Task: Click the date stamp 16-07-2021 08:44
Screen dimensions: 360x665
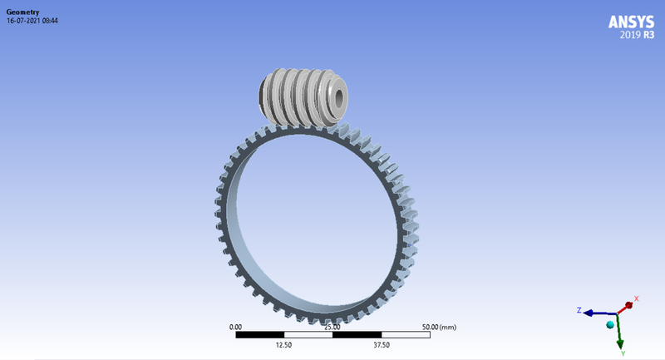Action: coord(32,21)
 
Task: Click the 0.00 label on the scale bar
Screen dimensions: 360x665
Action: coord(235,328)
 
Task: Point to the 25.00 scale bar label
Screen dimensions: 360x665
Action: coord(332,328)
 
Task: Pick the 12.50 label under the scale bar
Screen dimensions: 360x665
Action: coord(283,344)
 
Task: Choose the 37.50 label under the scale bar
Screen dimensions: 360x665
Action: coord(381,344)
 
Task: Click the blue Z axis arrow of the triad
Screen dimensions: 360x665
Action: coord(597,313)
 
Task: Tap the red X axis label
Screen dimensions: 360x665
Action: coord(636,298)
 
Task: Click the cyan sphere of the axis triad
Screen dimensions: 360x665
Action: coord(611,323)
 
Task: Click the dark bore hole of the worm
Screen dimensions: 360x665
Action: coord(339,97)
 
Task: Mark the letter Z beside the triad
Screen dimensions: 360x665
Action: coord(579,310)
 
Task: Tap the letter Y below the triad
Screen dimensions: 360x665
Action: coord(622,353)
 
